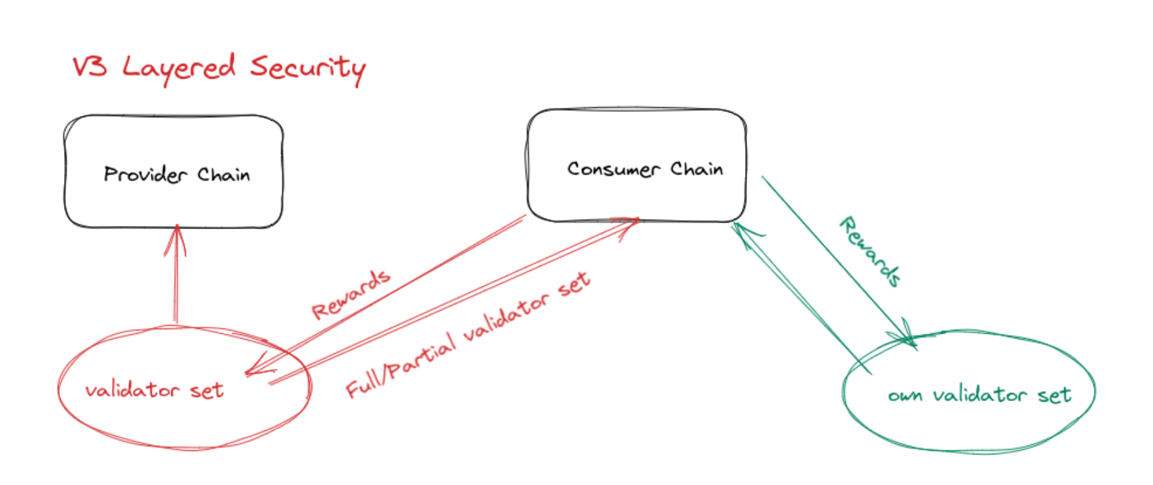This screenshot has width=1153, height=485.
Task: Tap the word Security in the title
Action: click(x=308, y=69)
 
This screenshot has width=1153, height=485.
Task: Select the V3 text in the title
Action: click(x=89, y=67)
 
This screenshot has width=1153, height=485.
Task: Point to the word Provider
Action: click(x=145, y=175)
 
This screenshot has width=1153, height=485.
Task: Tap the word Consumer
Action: click(x=613, y=169)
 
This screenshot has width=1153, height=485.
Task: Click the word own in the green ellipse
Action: click(x=904, y=396)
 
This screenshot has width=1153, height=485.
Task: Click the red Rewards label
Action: click(x=351, y=294)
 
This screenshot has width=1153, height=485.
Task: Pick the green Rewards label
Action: click(x=870, y=251)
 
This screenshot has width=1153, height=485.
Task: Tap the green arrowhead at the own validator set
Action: click(x=907, y=334)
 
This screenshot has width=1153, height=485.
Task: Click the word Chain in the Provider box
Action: click(x=223, y=175)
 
